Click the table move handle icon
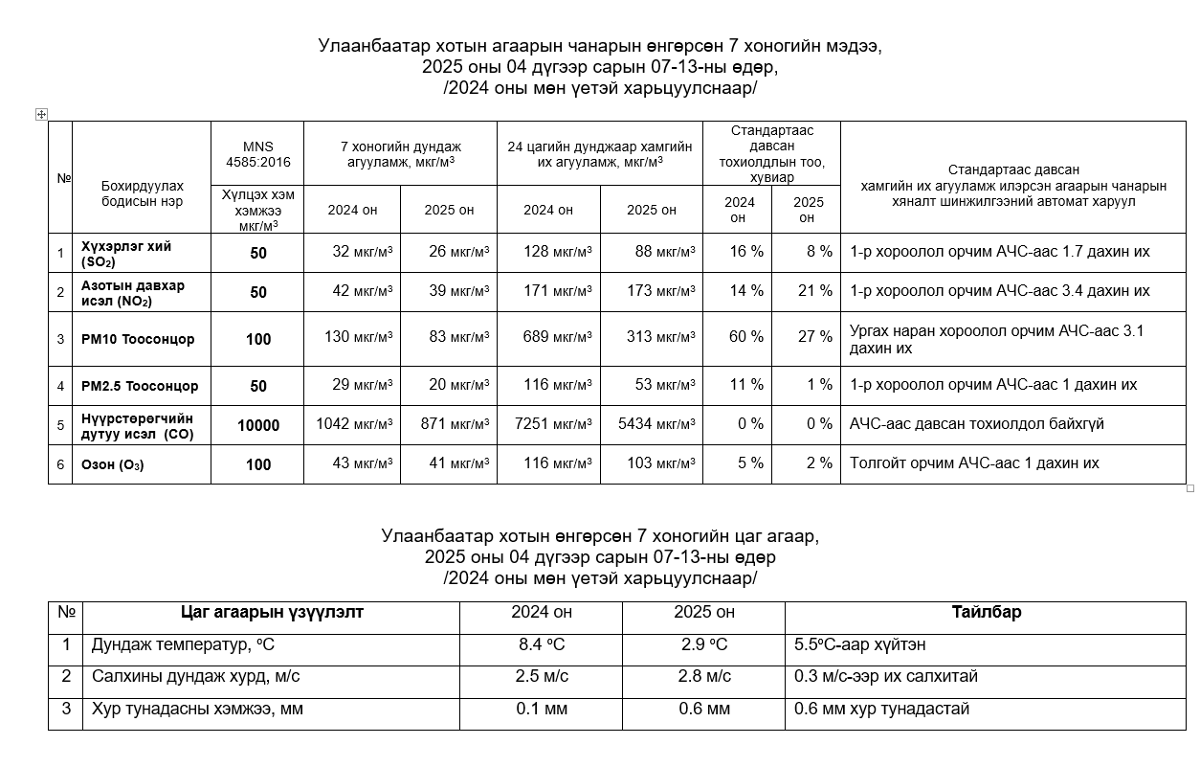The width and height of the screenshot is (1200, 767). (41, 114)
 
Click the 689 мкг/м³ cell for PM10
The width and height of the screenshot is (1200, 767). (557, 337)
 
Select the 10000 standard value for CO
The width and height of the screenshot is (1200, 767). (258, 425)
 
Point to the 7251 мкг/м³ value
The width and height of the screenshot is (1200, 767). (553, 423)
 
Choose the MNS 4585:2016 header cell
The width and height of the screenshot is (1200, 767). (257, 153)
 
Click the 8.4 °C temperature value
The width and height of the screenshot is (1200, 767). (542, 644)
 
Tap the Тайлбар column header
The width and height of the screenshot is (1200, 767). (986, 612)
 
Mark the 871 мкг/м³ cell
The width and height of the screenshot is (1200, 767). (456, 423)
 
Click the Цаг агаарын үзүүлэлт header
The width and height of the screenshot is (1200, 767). (272, 612)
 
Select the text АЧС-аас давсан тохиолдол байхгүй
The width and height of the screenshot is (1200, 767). (976, 423)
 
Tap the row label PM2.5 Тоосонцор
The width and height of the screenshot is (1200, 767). (140, 386)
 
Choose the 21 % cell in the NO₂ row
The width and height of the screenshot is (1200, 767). (814, 291)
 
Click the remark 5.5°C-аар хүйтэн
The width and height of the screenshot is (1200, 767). (859, 644)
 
